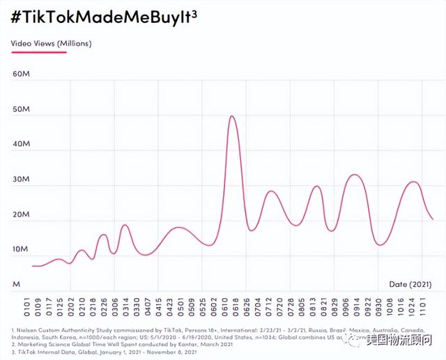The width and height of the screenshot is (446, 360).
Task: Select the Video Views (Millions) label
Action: click(51, 43)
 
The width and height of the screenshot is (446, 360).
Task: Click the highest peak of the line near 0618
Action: click(231, 116)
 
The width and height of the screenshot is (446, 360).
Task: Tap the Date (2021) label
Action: click(410, 284)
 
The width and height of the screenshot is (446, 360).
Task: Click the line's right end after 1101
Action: click(433, 219)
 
